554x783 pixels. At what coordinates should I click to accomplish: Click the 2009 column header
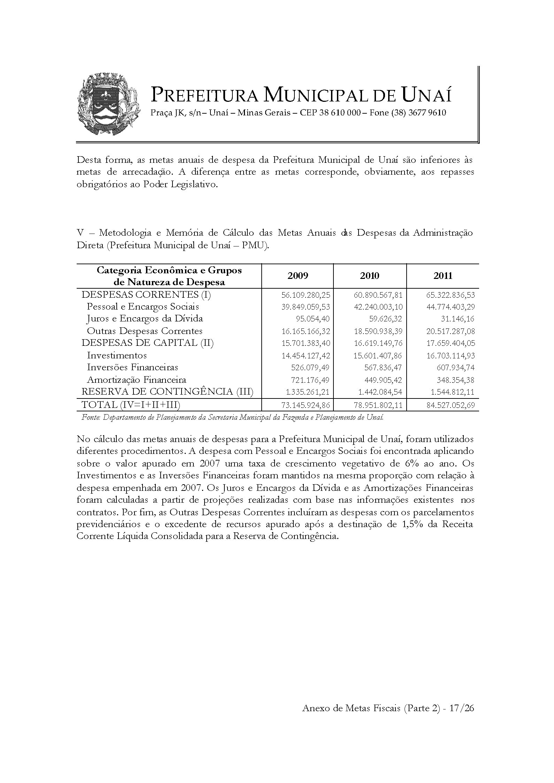click(x=298, y=276)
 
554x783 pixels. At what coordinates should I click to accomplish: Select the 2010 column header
click(x=370, y=276)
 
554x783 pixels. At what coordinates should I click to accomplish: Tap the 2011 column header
click(x=443, y=276)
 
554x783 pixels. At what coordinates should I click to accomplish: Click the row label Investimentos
click(x=117, y=355)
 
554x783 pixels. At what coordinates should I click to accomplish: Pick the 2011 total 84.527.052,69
click(x=451, y=405)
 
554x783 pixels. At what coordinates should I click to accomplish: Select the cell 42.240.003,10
click(x=378, y=307)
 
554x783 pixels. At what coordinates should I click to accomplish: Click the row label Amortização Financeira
click(x=136, y=380)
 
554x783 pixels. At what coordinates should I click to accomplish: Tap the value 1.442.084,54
click(x=380, y=392)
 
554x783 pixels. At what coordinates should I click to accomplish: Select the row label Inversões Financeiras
click(x=132, y=367)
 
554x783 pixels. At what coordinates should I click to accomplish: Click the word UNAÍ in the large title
click(x=427, y=95)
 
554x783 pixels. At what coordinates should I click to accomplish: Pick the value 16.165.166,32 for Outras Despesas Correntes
click(x=306, y=331)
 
